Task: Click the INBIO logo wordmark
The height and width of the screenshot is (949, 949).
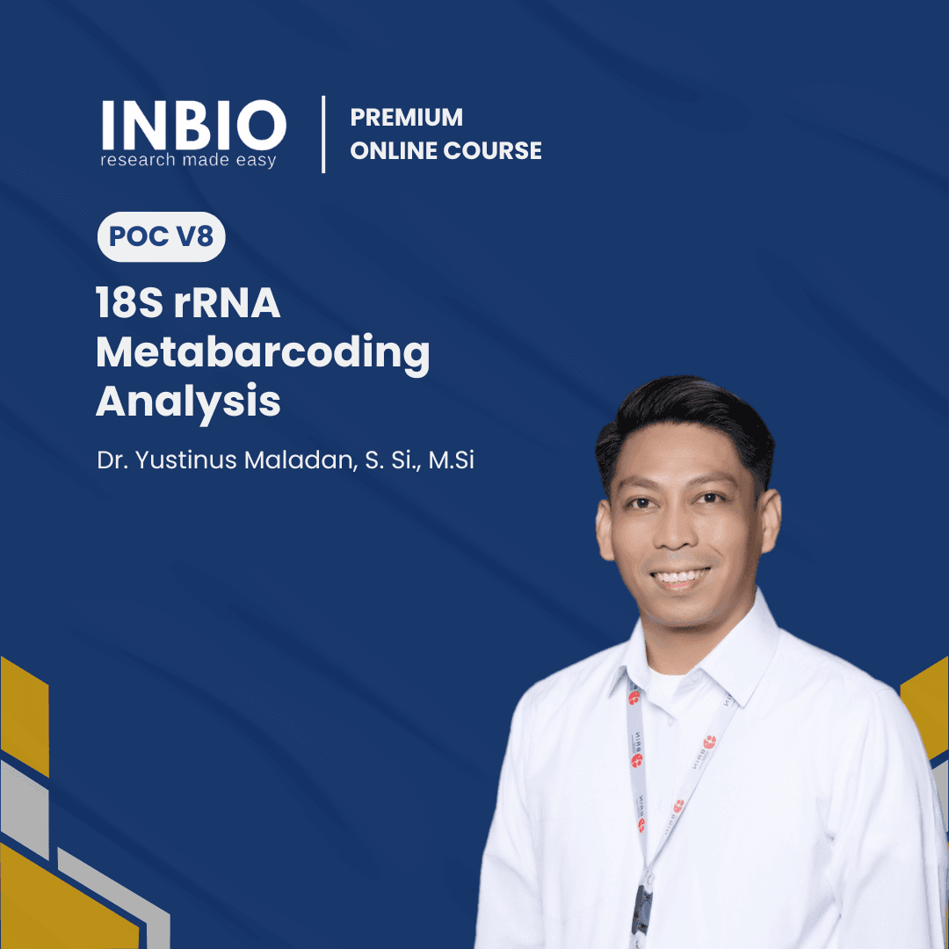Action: coord(192,126)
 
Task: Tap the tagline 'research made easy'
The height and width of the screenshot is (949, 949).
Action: coord(188,161)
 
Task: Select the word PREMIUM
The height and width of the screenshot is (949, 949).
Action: coord(406,118)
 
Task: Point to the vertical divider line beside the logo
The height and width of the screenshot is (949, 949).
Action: coord(323,134)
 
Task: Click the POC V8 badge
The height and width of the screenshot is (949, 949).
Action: coord(161,237)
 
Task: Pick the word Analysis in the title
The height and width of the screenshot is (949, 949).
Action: coord(188,401)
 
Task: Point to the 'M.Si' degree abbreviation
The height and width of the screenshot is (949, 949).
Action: coord(451,460)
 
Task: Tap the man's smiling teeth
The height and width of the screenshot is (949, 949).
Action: coord(681,578)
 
